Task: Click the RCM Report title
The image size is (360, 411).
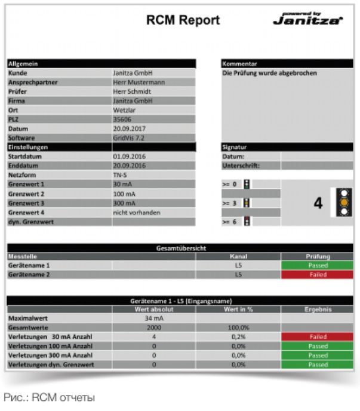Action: point(183,20)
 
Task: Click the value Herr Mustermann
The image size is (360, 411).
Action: point(139,82)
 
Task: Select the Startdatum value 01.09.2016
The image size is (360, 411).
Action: point(129,157)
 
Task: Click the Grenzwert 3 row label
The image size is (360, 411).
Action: point(26,203)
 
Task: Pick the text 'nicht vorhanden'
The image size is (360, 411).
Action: point(136,212)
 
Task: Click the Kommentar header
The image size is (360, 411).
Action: point(239,63)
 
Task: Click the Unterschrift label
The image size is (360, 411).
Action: point(241,165)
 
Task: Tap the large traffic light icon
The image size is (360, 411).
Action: point(343,203)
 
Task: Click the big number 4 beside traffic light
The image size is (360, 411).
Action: point(318,203)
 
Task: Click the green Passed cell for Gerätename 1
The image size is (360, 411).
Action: point(317,265)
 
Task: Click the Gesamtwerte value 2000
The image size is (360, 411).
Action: point(153,327)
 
